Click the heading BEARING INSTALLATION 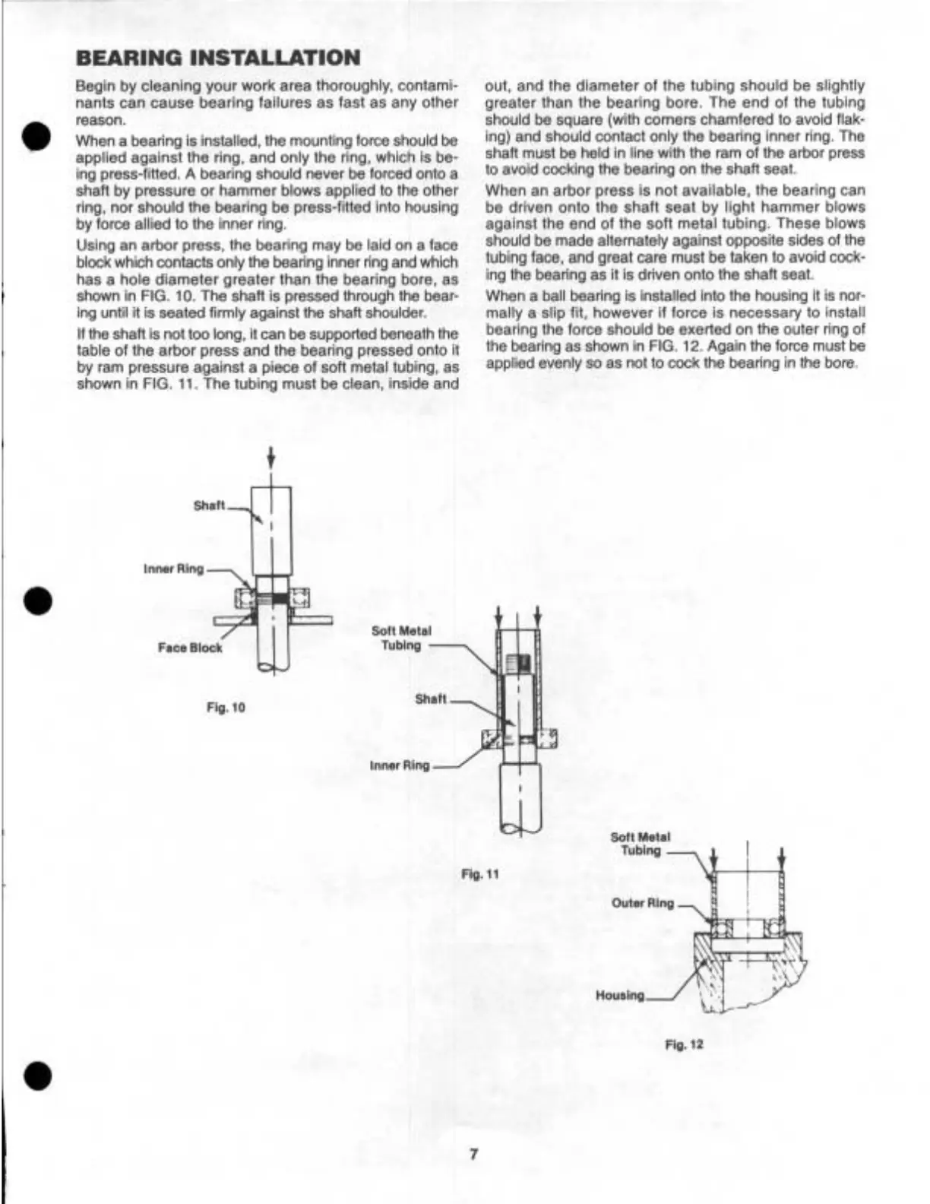click(218, 58)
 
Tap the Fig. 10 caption click(226, 708)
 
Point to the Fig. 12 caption click(684, 1044)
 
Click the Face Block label click(190, 648)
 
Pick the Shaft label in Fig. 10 click(209, 506)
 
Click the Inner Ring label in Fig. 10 click(173, 569)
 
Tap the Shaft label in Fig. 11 click(431, 699)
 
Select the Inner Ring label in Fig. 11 click(400, 765)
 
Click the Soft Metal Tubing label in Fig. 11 click(401, 638)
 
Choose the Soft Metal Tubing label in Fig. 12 click(641, 844)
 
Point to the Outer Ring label click(643, 903)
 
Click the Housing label click(620, 995)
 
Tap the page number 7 click(473, 1155)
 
